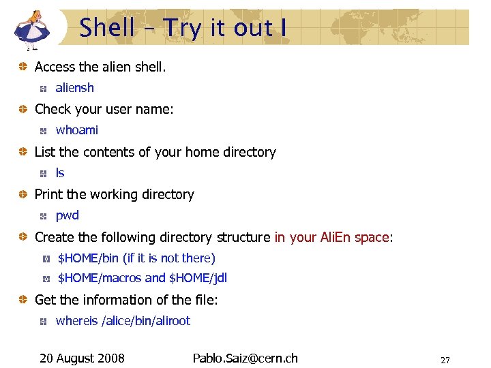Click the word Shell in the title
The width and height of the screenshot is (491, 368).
(x=107, y=28)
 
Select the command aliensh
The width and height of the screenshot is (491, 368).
(x=74, y=88)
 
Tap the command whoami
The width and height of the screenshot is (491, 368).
(x=76, y=130)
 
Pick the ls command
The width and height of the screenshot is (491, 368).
(x=60, y=173)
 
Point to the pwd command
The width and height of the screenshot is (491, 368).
(x=67, y=215)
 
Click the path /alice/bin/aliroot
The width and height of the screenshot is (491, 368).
(x=145, y=321)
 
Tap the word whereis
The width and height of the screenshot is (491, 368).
(x=76, y=321)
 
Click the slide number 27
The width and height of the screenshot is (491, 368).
(x=445, y=360)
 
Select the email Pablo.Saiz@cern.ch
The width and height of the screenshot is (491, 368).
(x=245, y=358)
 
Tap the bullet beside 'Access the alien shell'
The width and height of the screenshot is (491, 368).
(x=23, y=67)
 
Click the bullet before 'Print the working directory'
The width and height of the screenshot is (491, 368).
(x=23, y=194)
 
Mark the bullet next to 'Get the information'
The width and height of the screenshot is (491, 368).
(x=23, y=300)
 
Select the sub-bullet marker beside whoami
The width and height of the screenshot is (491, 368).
(x=43, y=131)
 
